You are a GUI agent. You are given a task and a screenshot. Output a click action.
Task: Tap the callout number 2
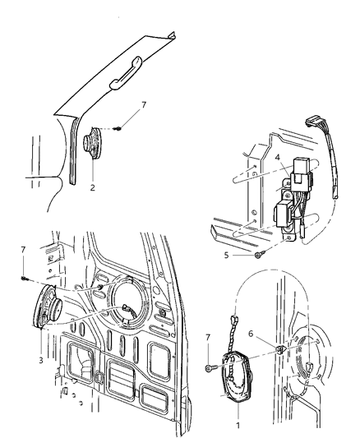click(93, 187)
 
